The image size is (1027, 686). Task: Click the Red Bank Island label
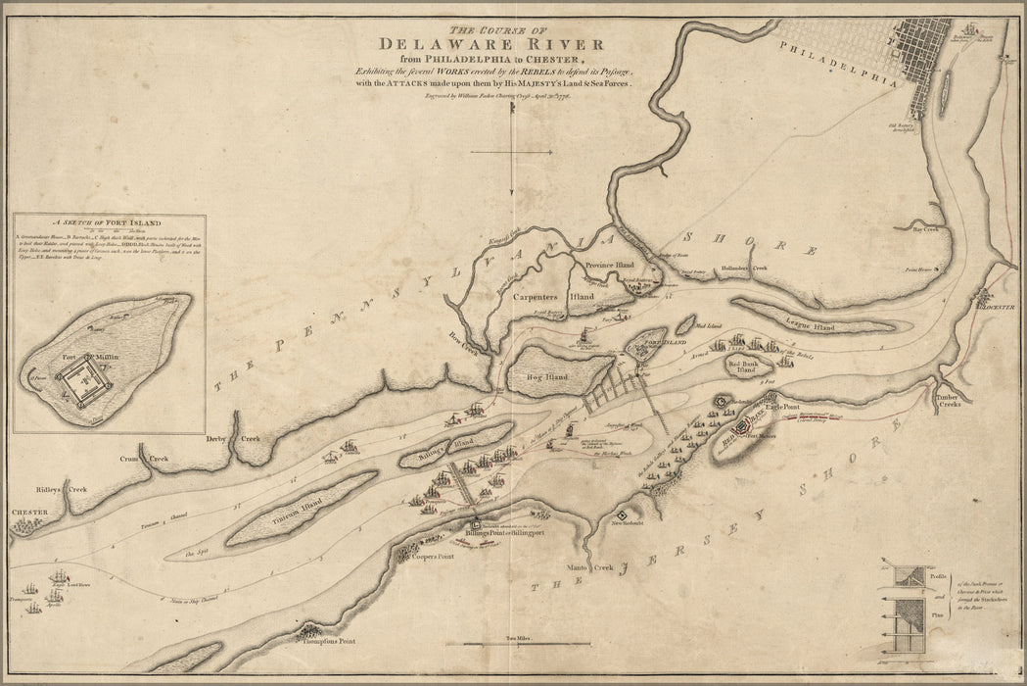[745, 367]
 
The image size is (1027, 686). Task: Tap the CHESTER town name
[29, 512]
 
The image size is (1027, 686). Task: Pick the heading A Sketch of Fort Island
[110, 222]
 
